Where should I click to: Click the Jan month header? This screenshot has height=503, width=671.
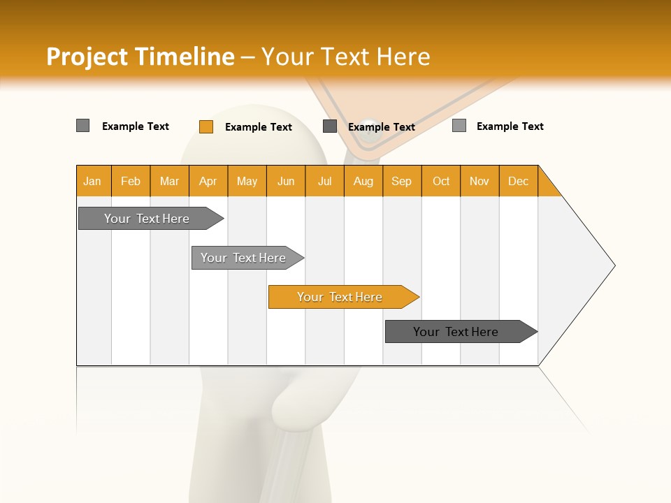point(92,181)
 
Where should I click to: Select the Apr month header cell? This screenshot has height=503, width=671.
point(208,181)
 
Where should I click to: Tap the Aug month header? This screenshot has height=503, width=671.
point(363,181)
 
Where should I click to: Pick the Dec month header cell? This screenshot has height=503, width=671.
point(518,181)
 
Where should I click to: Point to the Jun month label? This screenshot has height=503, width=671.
point(286,181)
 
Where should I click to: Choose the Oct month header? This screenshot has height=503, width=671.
point(441,181)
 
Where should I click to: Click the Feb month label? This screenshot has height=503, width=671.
point(131,181)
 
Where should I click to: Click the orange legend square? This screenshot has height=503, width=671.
point(206,126)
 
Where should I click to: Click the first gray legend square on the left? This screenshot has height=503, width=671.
point(83,126)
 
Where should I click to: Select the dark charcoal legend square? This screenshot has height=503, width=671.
point(330,126)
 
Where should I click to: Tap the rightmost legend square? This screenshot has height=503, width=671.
point(459,126)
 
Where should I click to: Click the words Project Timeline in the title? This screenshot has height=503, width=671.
point(140,57)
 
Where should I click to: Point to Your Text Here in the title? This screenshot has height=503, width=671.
point(346,57)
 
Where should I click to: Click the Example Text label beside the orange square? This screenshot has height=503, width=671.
point(259,127)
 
